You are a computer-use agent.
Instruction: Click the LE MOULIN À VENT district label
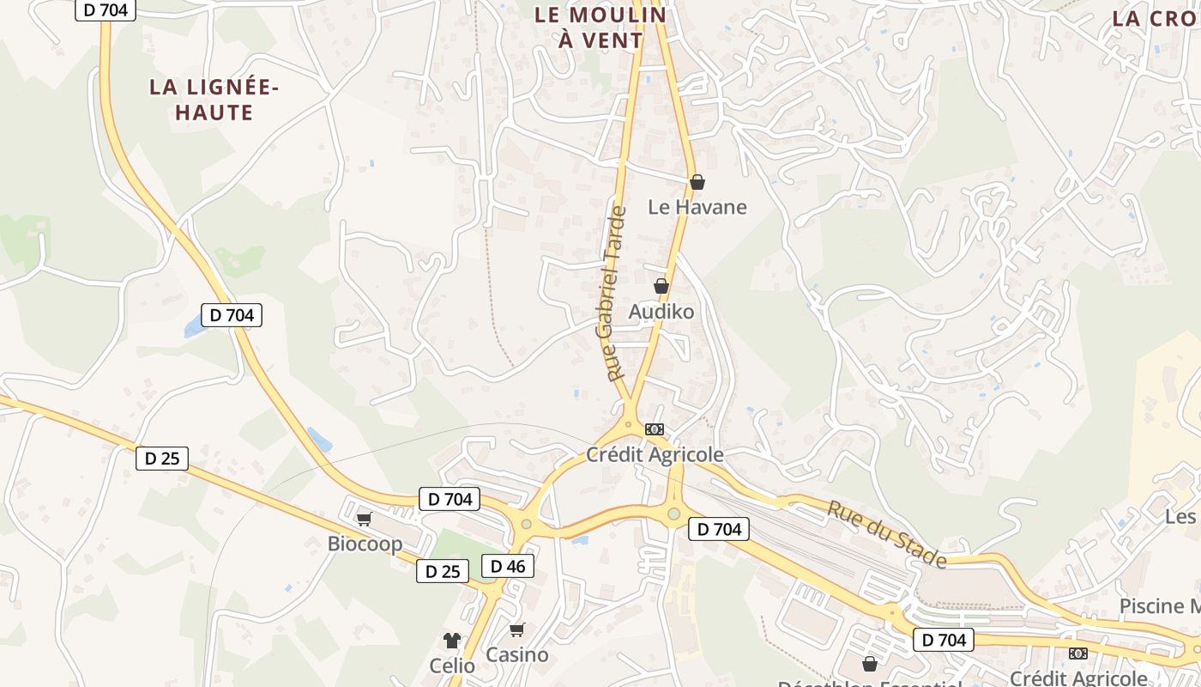pyautogui.click(x=600, y=27)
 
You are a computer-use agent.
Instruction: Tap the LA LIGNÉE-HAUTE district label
pyautogui.click(x=214, y=100)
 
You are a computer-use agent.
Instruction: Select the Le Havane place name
pyautogui.click(x=697, y=207)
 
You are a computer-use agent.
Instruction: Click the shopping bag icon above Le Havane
pyautogui.click(x=697, y=182)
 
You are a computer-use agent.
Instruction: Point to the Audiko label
pyautogui.click(x=661, y=312)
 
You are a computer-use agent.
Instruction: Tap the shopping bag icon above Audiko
pyautogui.click(x=661, y=286)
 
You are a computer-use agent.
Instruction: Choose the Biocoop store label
pyautogui.click(x=365, y=544)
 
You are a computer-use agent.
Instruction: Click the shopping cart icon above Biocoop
pyautogui.click(x=364, y=519)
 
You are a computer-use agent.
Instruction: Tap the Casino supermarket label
pyautogui.click(x=516, y=654)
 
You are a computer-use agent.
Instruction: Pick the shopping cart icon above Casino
pyautogui.click(x=516, y=629)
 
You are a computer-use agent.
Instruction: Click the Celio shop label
pyautogui.click(x=452, y=666)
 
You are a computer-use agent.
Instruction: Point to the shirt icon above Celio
pyautogui.click(x=452, y=640)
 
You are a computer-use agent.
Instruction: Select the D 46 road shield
pyautogui.click(x=508, y=565)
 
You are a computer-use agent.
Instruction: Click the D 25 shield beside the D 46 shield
pyautogui.click(x=444, y=571)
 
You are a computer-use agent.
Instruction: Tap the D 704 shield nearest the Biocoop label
pyautogui.click(x=449, y=499)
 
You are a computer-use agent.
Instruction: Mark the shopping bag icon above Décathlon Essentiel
pyautogui.click(x=870, y=664)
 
